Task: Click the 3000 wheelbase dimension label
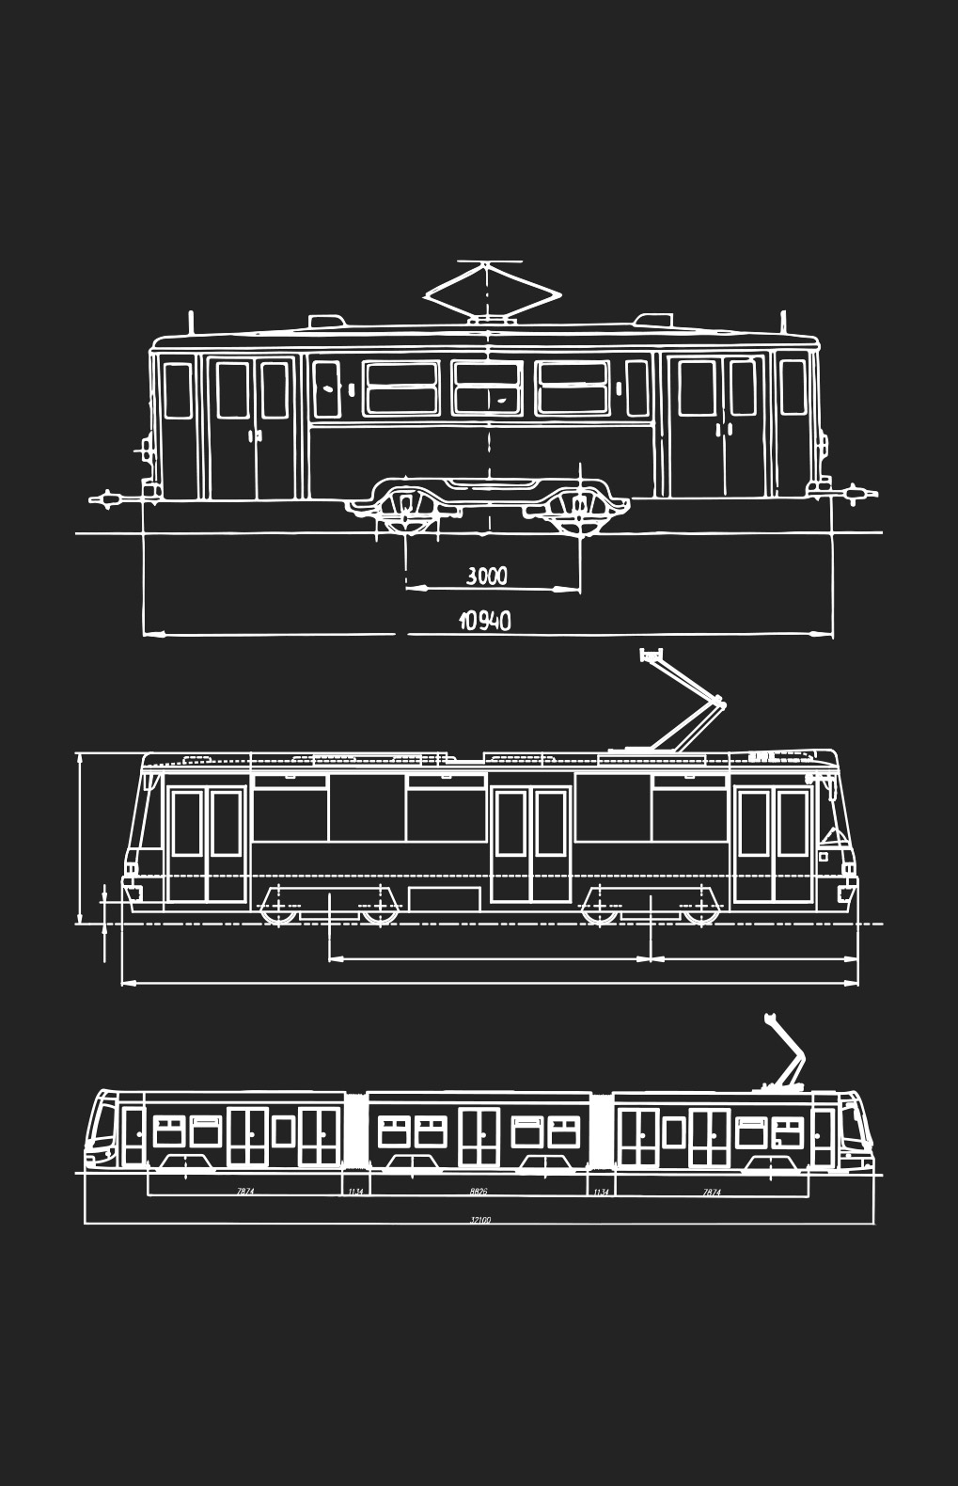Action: click(x=486, y=575)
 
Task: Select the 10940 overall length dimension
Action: click(x=485, y=621)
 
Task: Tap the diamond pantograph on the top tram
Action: click(x=487, y=292)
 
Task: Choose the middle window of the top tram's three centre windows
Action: click(x=487, y=387)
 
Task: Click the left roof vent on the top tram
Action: click(x=326, y=322)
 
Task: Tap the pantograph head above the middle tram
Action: click(x=651, y=654)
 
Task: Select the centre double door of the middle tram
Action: click(x=531, y=845)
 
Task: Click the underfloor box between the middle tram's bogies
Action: click(x=446, y=898)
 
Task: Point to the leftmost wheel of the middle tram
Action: click(x=278, y=910)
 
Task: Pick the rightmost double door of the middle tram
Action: click(x=773, y=845)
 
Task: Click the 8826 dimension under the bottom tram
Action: click(x=479, y=1192)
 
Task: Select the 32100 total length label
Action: click(x=480, y=1220)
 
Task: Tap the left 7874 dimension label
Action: click(x=245, y=1192)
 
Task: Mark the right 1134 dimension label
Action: click(x=601, y=1192)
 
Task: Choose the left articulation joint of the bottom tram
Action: click(x=355, y=1131)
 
